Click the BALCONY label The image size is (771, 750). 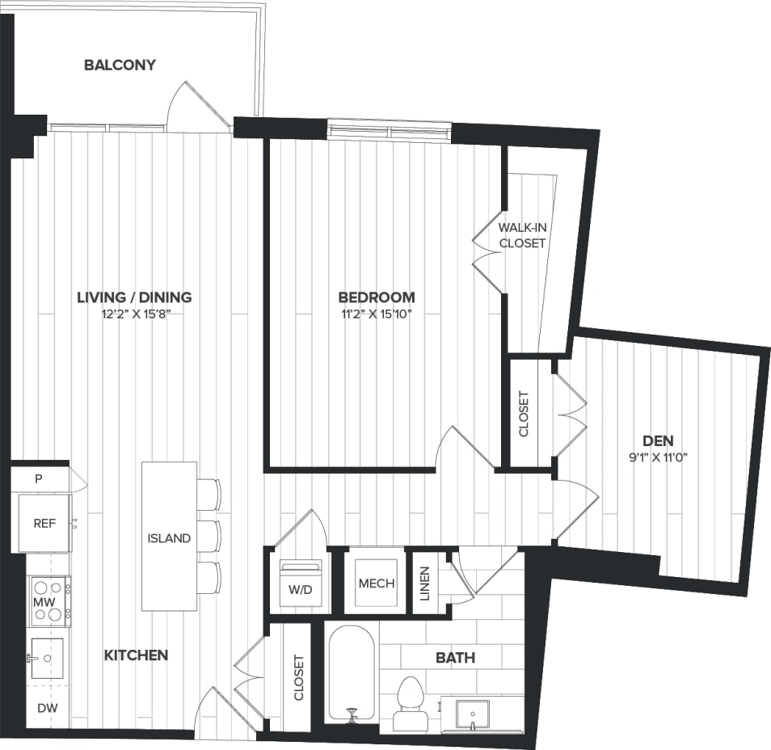[120, 65]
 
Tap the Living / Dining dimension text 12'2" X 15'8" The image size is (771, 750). [134, 314]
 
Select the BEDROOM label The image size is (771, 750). [377, 297]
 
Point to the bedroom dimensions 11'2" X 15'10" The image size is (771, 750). [377, 314]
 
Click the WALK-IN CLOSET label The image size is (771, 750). [522, 235]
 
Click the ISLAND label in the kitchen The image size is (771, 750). [169, 538]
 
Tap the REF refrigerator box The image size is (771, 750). [44, 523]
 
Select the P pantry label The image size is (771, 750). [38, 478]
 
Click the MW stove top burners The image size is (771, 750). [48, 601]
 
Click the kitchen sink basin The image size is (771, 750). [45, 659]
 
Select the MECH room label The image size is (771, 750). [376, 583]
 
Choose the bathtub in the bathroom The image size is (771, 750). [352, 675]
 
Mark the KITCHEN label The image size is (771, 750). [136, 655]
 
